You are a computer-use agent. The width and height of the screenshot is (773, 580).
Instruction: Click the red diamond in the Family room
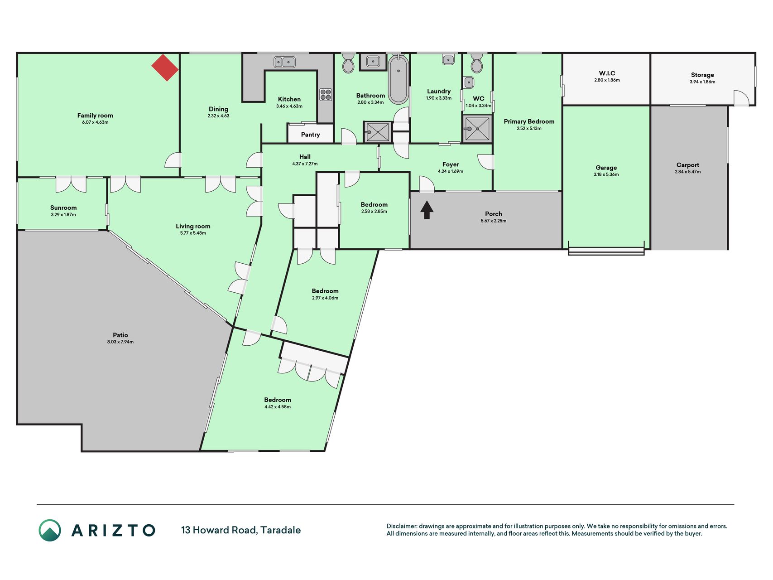click(165, 68)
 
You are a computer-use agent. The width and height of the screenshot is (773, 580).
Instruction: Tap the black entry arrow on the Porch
click(427, 210)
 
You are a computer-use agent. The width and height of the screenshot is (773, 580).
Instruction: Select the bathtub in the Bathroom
click(398, 79)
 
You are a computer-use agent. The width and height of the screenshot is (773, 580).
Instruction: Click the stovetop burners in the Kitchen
click(326, 94)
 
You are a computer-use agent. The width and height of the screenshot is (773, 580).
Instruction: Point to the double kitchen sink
click(284, 62)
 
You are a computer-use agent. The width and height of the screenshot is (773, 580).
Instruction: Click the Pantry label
click(310, 135)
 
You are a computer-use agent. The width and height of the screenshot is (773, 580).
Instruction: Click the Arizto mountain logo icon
click(50, 530)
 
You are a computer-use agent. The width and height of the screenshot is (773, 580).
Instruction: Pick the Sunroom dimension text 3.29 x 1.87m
click(63, 215)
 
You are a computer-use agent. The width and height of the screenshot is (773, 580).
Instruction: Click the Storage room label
click(702, 75)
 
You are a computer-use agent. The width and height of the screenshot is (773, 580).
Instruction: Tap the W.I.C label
click(607, 73)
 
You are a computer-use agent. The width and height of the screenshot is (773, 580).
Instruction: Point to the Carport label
click(688, 165)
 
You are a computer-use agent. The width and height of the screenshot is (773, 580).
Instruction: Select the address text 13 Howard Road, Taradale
click(241, 530)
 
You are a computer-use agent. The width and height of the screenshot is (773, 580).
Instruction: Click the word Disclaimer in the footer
click(401, 526)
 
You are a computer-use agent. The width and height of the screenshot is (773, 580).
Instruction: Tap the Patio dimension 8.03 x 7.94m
click(120, 342)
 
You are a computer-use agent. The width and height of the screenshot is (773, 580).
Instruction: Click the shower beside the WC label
click(477, 129)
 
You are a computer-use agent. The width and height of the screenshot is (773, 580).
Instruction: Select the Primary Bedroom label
click(529, 121)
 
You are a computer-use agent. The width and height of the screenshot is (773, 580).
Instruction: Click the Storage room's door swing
click(741, 98)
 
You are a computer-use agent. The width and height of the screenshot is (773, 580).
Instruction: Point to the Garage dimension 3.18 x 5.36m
click(606, 174)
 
